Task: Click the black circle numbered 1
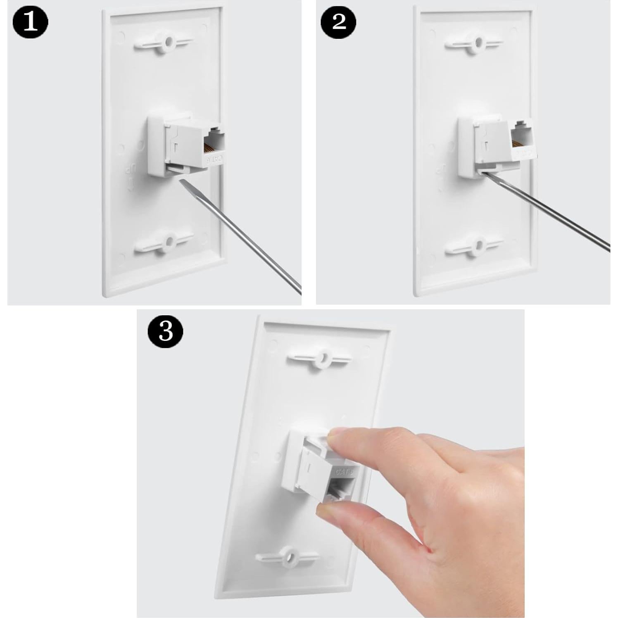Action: [30, 21]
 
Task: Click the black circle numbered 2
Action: [338, 21]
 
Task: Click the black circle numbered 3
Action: [165, 330]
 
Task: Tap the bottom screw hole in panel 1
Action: [168, 241]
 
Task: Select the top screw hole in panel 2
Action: [478, 42]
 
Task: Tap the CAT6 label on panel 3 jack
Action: [345, 471]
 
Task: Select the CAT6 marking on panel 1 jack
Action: [215, 158]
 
